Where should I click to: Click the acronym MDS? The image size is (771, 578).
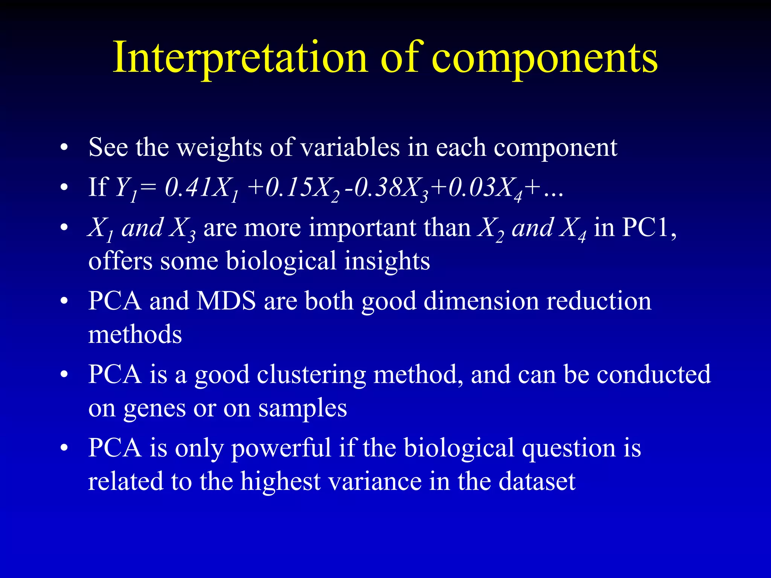[x=226, y=301]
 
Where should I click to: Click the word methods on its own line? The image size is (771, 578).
[x=135, y=334]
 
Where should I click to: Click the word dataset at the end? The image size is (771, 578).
[x=537, y=482]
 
